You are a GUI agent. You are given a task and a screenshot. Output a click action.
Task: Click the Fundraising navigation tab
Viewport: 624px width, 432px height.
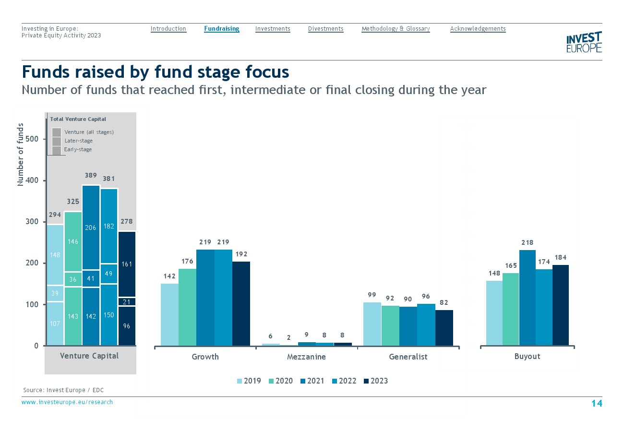[221, 29]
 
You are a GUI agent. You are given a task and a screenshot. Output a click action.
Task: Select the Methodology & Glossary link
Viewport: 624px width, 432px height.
[395, 29]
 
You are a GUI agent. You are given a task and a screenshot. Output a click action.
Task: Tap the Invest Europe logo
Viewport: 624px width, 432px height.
[584, 42]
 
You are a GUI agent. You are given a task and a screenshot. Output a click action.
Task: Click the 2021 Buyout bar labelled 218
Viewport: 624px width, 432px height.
[528, 298]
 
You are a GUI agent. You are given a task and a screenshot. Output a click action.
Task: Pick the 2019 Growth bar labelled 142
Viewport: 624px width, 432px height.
[169, 314]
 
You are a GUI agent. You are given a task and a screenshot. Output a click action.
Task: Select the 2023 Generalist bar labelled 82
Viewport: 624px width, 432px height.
[444, 328]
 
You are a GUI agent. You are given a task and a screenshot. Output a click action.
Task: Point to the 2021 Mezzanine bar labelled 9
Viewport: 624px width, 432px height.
[307, 344]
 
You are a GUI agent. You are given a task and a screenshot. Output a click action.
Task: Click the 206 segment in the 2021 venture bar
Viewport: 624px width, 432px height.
[91, 228]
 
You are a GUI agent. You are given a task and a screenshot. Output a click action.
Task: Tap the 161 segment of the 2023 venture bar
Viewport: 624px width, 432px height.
[127, 264]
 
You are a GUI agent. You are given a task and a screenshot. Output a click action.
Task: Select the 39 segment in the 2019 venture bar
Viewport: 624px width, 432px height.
[55, 293]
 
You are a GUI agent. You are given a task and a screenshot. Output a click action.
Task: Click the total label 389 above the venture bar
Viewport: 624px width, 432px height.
[91, 176]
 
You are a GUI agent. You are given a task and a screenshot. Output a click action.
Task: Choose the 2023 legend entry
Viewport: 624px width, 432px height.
[375, 381]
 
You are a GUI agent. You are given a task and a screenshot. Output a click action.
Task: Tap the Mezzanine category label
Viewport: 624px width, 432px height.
[306, 357]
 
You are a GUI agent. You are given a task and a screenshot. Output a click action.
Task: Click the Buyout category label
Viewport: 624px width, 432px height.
[527, 356]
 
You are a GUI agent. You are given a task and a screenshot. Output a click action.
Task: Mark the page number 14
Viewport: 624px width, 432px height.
[596, 403]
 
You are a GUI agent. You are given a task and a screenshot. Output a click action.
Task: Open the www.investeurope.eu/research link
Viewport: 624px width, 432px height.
[67, 402]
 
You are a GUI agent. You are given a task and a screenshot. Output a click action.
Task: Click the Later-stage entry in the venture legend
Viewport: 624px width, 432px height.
[78, 141]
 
